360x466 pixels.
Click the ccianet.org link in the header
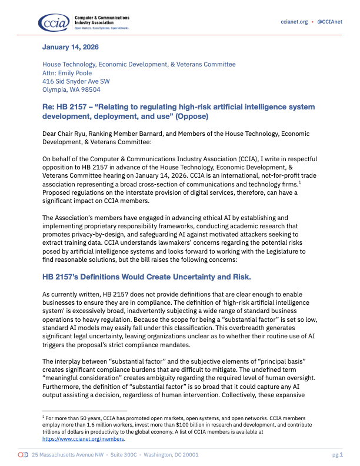coord(295,22)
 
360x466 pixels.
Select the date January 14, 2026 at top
coord(70,46)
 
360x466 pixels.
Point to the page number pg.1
coord(337,455)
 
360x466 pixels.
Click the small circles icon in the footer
coord(23,455)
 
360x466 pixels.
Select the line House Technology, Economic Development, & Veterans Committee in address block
coord(138,64)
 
